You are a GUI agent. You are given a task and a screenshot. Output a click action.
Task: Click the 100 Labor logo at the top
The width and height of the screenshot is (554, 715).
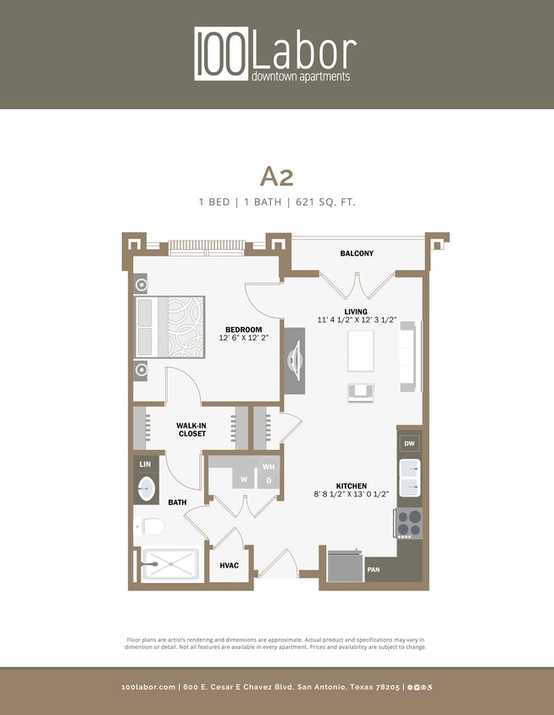pos(276,54)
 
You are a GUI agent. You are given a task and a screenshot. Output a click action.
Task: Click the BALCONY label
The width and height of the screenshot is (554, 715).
pos(357,253)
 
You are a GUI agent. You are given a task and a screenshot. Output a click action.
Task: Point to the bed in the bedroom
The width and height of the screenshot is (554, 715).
pos(170,326)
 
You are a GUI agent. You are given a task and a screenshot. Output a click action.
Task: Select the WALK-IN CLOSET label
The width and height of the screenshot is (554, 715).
pos(191,429)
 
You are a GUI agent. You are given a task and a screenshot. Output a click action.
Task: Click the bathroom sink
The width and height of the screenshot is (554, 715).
pos(146,489)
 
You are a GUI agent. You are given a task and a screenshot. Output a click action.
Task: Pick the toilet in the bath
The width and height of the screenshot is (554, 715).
pos(150,526)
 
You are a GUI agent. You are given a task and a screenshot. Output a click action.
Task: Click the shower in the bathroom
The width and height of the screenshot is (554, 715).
pos(170,563)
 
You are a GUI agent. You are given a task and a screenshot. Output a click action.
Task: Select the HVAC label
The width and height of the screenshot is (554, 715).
pos(229,565)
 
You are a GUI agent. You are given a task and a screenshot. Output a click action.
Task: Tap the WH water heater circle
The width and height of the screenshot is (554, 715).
pos(269,467)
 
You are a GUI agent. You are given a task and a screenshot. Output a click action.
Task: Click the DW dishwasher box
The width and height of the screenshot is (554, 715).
pos(409,443)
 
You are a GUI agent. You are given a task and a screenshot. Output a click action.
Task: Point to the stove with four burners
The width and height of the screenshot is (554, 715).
pos(409,523)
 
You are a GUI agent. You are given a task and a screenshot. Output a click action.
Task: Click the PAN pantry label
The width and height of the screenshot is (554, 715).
pos(374,571)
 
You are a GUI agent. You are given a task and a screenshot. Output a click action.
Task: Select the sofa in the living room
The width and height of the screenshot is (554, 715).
pos(407,356)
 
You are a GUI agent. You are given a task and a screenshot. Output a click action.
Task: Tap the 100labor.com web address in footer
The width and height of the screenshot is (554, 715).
pos(148,687)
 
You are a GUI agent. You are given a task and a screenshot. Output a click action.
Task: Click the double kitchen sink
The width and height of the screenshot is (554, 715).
pos(409,478)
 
